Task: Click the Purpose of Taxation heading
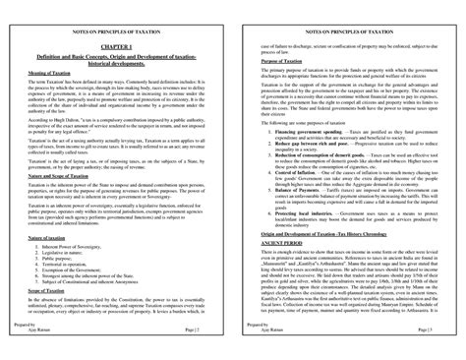point(280,62)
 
